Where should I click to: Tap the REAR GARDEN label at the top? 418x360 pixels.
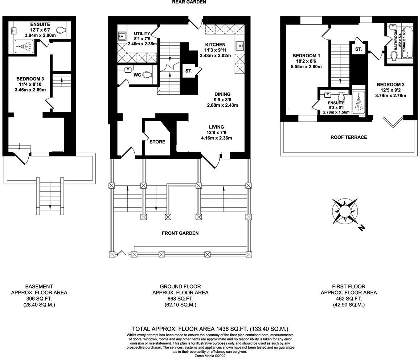click(x=189, y=2)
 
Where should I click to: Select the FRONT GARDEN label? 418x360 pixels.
click(x=180, y=233)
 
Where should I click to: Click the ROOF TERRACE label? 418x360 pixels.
click(x=348, y=137)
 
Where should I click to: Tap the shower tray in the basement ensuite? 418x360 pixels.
click(x=25, y=46)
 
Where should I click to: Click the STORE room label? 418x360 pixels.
click(x=157, y=142)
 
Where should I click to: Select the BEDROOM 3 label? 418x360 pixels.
click(x=30, y=79)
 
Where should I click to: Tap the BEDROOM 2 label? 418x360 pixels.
click(x=390, y=85)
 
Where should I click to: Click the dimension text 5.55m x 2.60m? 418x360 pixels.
click(x=307, y=67)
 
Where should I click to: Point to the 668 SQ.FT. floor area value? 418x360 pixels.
click(x=180, y=299)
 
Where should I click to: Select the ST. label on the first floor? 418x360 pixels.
click(x=358, y=49)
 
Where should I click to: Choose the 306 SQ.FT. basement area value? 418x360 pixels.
click(x=39, y=299)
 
